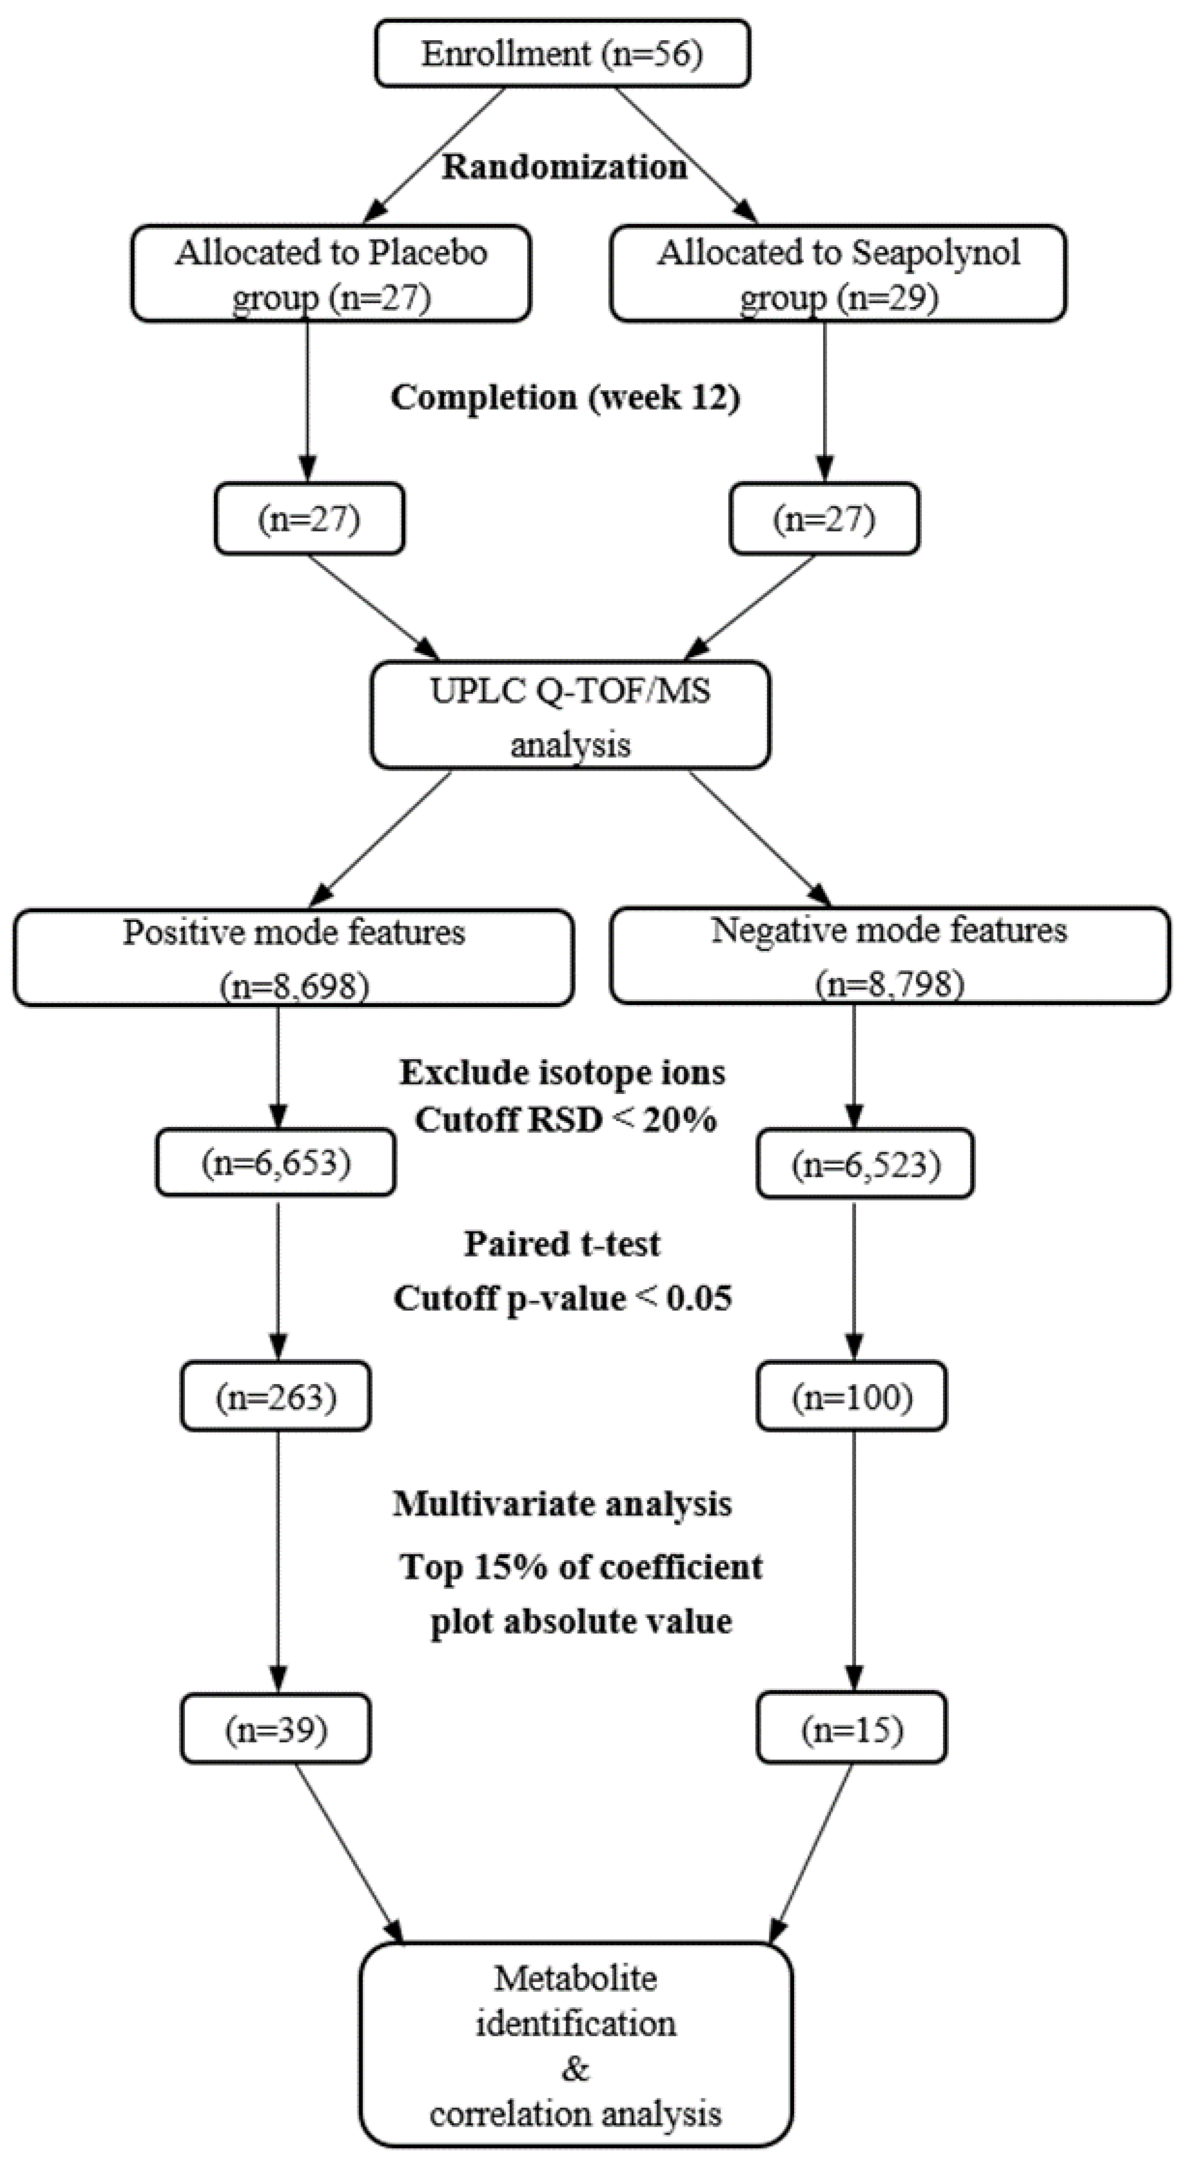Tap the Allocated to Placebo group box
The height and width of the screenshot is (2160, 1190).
(331, 273)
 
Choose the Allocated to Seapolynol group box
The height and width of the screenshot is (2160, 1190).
(838, 273)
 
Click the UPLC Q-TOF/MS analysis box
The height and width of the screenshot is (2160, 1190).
(570, 715)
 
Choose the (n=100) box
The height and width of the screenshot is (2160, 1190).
(851, 1396)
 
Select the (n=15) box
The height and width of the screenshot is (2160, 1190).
(851, 1729)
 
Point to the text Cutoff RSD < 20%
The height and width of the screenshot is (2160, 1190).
(565, 1120)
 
